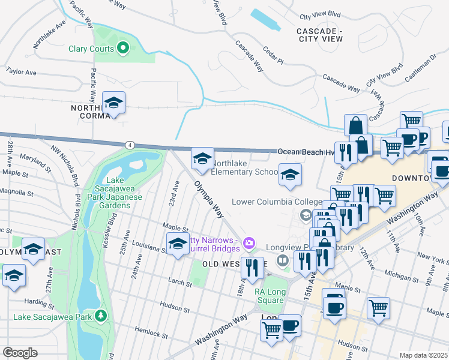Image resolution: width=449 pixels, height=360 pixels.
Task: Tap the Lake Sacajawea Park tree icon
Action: click(102, 315)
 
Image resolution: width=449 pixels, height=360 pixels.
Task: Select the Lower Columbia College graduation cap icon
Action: click(306, 214)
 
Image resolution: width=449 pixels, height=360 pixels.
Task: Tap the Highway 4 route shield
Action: click(129, 145)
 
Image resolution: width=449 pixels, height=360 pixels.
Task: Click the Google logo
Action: click(20, 353)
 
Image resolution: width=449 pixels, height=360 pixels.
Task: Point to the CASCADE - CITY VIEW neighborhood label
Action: click(320, 35)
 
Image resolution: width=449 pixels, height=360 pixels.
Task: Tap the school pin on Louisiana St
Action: click(177, 245)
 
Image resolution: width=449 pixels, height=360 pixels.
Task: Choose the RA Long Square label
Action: click(269, 296)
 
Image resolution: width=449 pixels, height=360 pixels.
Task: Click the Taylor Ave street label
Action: click(22, 71)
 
